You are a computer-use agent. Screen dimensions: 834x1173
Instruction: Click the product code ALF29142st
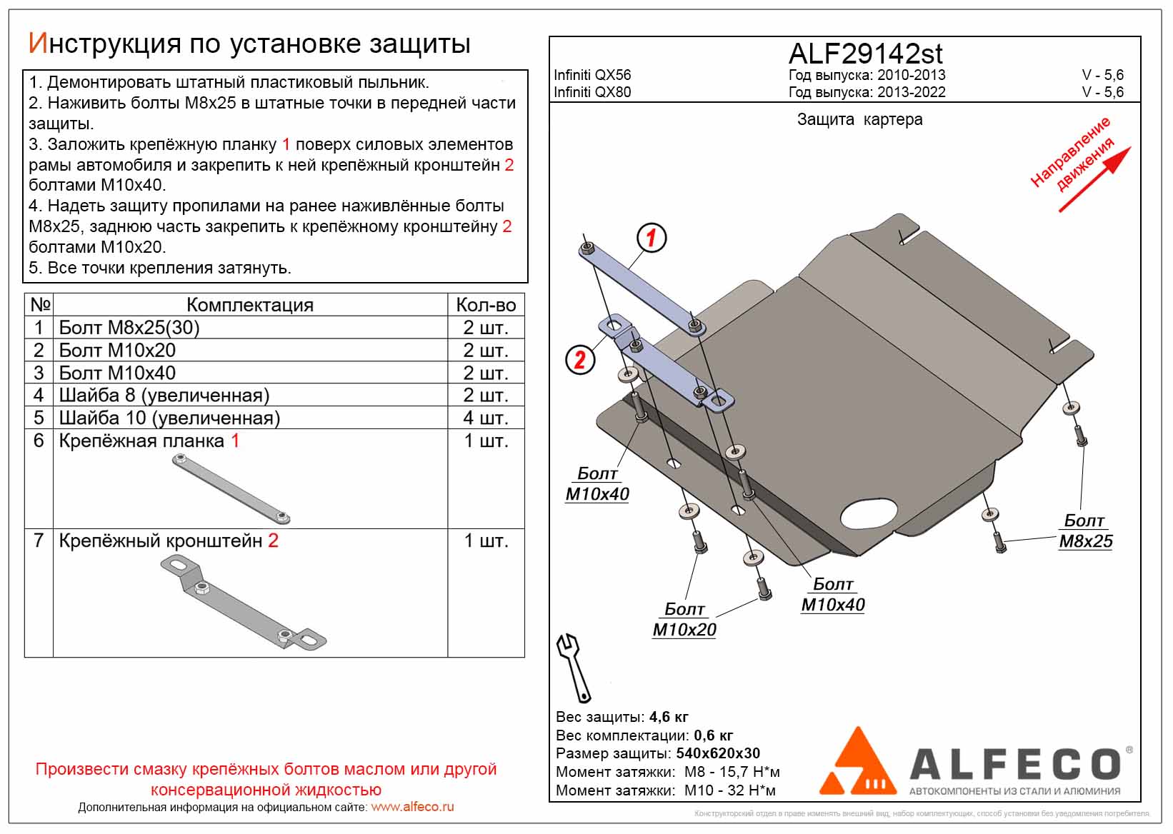pos(865,54)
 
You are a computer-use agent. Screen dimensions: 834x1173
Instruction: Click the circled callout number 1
pos(651,238)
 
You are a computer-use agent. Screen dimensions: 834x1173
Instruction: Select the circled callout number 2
pos(579,359)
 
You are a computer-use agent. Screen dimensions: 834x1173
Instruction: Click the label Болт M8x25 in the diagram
pos(1085,531)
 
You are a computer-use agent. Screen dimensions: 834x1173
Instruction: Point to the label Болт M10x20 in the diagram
pos(684,620)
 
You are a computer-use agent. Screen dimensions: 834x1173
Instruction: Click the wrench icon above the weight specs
pos(574,668)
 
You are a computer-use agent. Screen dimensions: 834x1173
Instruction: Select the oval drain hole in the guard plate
pos(869,513)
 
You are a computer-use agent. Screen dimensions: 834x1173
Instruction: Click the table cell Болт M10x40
pos(117,373)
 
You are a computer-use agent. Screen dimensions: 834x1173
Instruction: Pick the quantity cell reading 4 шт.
pos(485,418)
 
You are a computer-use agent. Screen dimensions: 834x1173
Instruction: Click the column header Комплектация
pos(249,305)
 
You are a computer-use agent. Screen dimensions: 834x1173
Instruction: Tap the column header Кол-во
pos(486,305)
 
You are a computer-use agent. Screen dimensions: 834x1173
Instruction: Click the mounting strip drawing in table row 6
pos(231,489)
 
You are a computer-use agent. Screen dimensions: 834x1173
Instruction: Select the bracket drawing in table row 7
pos(243,604)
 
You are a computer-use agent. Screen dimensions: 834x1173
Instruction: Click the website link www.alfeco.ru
pos(412,808)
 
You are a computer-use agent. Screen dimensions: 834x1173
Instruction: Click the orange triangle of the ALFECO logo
pos(857,763)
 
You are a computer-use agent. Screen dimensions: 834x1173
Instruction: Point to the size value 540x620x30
pos(718,753)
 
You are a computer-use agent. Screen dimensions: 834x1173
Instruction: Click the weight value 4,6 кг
pos(669,717)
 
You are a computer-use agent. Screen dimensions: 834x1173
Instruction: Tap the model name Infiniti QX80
pos(592,92)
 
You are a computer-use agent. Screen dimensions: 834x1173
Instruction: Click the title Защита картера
pos(859,120)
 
